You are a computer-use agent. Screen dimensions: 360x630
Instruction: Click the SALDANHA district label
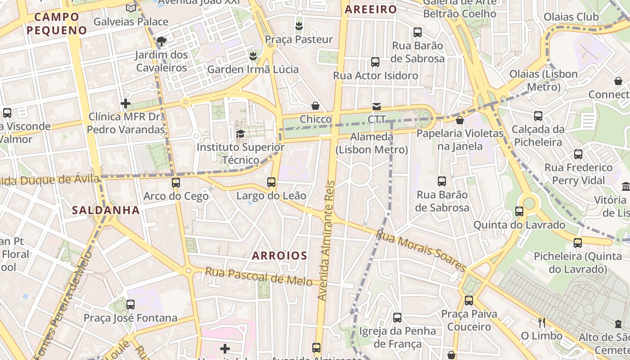tap(106, 210)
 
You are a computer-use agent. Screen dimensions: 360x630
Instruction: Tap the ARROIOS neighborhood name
tap(279, 256)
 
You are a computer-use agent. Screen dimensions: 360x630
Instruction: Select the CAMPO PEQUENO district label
tap(57, 23)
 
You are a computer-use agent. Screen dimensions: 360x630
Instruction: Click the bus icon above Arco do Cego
tap(175, 183)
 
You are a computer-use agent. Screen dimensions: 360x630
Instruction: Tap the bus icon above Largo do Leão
tap(271, 182)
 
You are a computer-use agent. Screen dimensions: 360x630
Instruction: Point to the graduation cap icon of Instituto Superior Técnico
tap(240, 134)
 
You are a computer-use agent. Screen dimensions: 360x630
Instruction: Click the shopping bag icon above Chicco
tap(316, 106)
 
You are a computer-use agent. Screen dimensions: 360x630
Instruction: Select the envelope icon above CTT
tap(376, 106)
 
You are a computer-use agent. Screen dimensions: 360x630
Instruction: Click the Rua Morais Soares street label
tap(421, 251)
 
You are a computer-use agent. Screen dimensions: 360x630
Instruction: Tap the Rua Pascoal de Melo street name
tap(259, 276)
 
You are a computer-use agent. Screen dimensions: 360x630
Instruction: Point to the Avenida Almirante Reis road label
tap(327, 241)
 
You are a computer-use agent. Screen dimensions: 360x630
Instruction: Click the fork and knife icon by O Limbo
tap(542, 322)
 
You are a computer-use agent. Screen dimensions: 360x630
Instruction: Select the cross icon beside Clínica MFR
tap(126, 104)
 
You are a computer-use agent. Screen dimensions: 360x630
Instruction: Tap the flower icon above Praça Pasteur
tap(298, 26)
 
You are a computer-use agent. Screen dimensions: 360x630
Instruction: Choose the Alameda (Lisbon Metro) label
tap(372, 143)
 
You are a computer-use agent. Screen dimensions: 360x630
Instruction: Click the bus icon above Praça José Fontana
tap(130, 305)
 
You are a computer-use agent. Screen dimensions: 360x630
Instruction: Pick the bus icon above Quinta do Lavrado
tap(519, 211)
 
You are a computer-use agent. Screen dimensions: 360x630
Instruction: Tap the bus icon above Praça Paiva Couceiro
tap(469, 300)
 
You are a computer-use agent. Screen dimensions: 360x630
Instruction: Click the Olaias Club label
tap(571, 17)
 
